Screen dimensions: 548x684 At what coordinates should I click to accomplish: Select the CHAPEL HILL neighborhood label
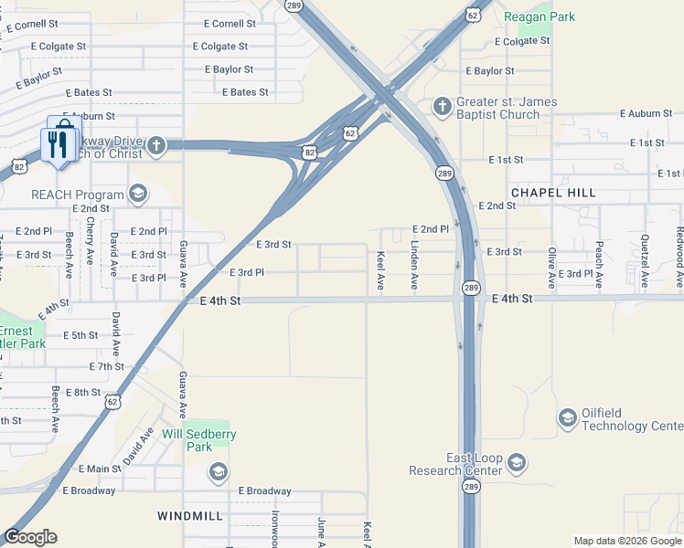tap(553, 193)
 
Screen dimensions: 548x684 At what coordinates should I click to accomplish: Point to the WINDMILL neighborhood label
tap(189, 516)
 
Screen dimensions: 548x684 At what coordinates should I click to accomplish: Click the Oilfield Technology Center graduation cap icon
tap(567, 418)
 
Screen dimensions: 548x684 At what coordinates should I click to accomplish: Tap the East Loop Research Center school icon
tap(517, 464)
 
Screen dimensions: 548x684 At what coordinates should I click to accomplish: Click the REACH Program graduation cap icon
tap(137, 194)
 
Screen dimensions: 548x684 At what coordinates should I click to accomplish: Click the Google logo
tap(30, 537)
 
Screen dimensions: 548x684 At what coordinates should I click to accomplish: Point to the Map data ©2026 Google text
tap(627, 541)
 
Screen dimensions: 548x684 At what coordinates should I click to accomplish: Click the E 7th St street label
tap(106, 366)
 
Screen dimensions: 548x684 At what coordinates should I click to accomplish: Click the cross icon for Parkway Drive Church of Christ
tap(156, 145)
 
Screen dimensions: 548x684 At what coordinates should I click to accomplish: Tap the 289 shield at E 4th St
tap(470, 288)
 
